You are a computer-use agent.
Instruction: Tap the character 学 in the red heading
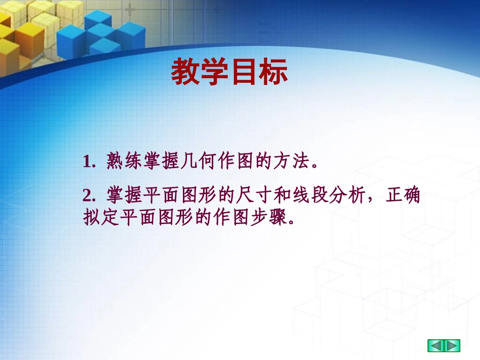[x=215, y=72]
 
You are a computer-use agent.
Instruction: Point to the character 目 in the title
[x=245, y=72]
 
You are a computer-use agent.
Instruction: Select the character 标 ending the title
[x=273, y=72]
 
